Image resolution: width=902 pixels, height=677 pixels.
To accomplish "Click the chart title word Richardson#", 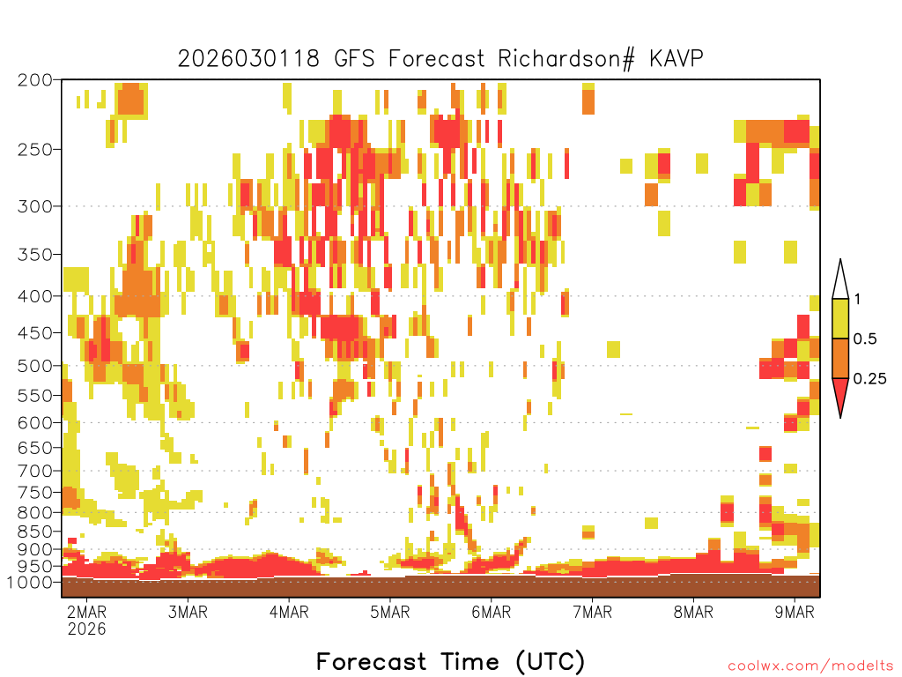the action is (x=566, y=59).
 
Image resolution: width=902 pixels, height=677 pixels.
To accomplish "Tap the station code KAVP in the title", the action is (x=676, y=59).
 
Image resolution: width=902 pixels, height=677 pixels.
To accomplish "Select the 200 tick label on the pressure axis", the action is (x=35, y=80).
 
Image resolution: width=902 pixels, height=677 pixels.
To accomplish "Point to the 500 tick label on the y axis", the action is (x=35, y=366).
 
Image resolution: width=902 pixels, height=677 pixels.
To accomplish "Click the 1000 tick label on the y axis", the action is (x=29, y=582).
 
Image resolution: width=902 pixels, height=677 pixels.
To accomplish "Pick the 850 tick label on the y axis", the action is (x=35, y=531).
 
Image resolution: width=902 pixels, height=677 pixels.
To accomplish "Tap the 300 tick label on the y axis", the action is (x=35, y=206).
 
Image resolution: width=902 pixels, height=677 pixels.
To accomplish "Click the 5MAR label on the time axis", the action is (x=390, y=612).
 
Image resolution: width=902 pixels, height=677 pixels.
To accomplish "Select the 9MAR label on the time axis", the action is (x=795, y=612).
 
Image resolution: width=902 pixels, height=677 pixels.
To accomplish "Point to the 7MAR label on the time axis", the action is (x=593, y=612).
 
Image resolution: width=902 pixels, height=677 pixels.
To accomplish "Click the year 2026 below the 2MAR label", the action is (x=87, y=629).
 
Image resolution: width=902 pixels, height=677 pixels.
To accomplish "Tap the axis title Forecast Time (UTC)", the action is (x=450, y=662).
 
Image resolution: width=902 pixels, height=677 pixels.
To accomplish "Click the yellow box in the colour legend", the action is (x=840, y=318).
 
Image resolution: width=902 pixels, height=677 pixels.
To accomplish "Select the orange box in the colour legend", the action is (x=840, y=358).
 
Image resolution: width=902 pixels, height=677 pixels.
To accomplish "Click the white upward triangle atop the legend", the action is (x=840, y=279).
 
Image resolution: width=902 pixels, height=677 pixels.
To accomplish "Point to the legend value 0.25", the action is (x=869, y=379).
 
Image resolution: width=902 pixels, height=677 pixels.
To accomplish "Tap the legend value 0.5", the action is (x=865, y=339).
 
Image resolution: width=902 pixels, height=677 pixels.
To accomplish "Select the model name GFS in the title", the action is (x=354, y=59).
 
